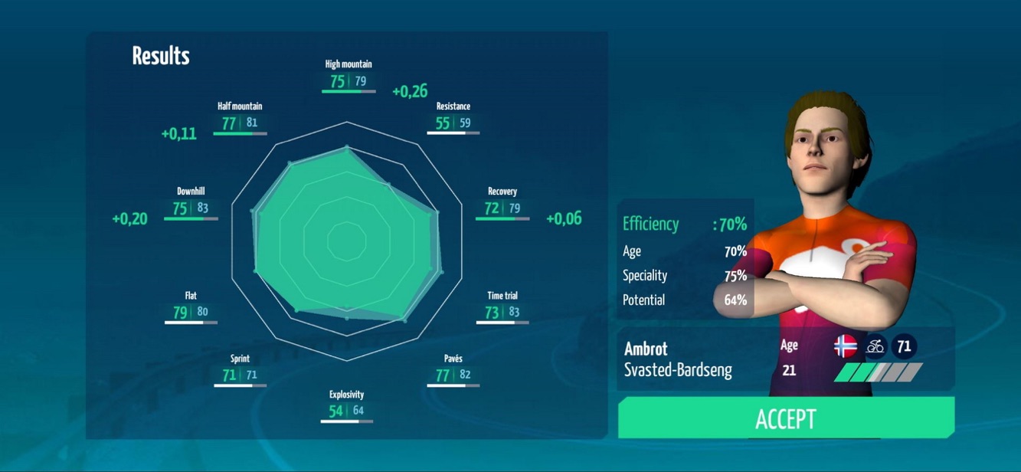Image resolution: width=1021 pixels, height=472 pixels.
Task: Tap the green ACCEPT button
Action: pyautogui.click(x=787, y=418)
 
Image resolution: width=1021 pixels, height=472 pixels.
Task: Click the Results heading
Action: pyautogui.click(x=161, y=56)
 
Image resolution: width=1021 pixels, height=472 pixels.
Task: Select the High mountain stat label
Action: pyautogui.click(x=349, y=64)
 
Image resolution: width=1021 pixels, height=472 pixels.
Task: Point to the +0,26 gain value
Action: pyautogui.click(x=410, y=91)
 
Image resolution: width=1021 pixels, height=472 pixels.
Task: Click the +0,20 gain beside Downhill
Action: pyautogui.click(x=130, y=219)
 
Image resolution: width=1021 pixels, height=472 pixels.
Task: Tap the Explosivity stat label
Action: pyautogui.click(x=346, y=395)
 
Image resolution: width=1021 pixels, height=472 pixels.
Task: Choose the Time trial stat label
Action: pyautogui.click(x=502, y=296)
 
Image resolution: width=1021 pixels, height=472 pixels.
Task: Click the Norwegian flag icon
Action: pyautogui.click(x=846, y=346)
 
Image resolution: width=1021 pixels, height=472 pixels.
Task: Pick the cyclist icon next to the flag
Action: pyautogui.click(x=875, y=346)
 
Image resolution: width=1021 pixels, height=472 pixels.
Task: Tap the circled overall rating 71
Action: pyautogui.click(x=904, y=346)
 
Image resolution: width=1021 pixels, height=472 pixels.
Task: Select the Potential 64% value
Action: pyautogui.click(x=735, y=300)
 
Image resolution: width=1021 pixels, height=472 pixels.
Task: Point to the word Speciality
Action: pyautogui.click(x=644, y=275)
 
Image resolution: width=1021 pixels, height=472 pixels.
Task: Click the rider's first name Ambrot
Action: pyautogui.click(x=646, y=349)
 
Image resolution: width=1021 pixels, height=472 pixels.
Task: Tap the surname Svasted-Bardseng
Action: pyautogui.click(x=678, y=369)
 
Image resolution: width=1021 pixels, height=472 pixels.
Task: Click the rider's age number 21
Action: pyautogui.click(x=789, y=370)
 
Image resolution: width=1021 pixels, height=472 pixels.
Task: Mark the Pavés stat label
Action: pyautogui.click(x=453, y=359)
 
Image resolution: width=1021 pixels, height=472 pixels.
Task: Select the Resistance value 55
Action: pyautogui.click(x=443, y=123)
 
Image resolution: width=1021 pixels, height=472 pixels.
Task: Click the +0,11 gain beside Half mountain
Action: pyautogui.click(x=178, y=134)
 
